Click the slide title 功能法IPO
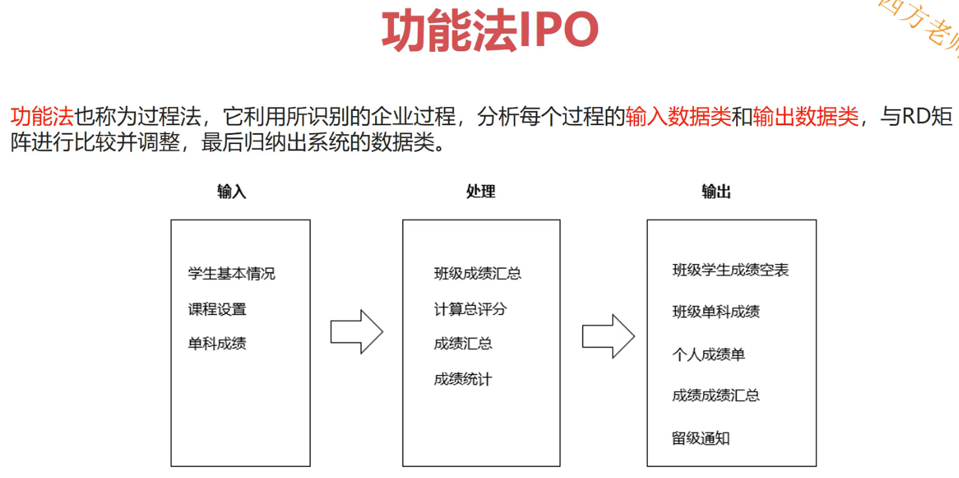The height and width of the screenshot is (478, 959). [x=490, y=30]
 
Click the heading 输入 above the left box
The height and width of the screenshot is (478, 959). [x=232, y=191]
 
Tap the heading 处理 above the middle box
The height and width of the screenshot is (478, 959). [x=481, y=191]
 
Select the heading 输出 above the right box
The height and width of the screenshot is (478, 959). [x=717, y=191]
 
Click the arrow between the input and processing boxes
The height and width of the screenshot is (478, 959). [x=356, y=331]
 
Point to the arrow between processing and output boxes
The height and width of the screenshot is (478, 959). [x=608, y=336]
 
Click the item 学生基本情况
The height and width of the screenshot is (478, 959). [x=231, y=274]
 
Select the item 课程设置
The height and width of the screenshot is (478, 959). [x=217, y=309]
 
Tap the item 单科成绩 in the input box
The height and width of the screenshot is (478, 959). [x=217, y=344]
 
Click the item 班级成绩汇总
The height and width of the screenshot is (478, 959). [x=478, y=274]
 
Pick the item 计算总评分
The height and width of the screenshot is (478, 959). [x=470, y=309]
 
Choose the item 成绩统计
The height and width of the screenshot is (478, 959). [x=463, y=379]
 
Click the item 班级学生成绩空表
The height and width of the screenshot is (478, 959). [x=730, y=270]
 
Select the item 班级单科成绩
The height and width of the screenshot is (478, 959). [x=716, y=312]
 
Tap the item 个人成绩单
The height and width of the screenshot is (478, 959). [x=709, y=355]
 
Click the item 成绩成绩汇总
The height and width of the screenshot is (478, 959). [x=716, y=396]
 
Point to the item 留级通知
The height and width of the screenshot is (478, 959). [x=701, y=438]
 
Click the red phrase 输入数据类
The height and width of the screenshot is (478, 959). [x=678, y=117]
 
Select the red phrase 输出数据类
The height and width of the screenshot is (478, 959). [x=806, y=117]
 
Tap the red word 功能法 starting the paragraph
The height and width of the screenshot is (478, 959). [x=42, y=117]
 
